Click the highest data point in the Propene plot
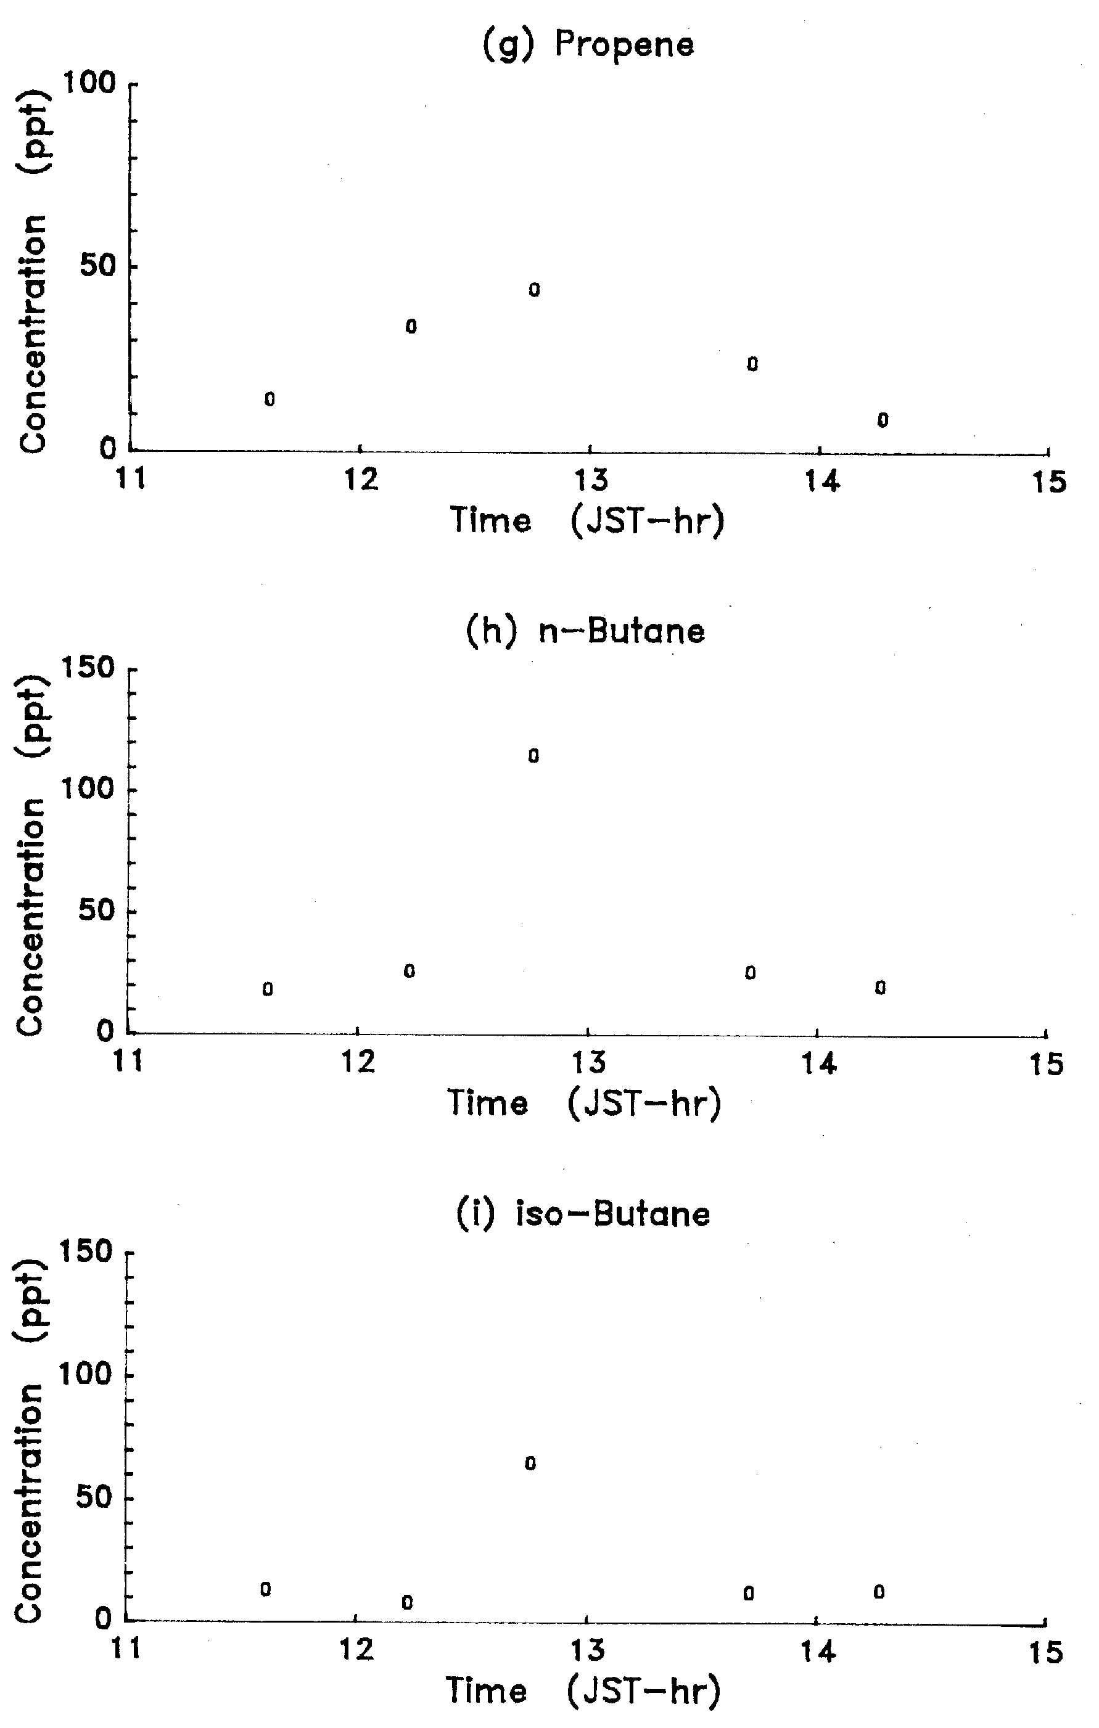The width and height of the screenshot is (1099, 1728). coord(534,290)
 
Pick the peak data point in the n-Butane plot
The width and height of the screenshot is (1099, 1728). coord(533,756)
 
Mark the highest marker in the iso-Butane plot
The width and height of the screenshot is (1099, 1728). coord(530,1463)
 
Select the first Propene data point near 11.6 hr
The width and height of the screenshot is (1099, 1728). coord(269,399)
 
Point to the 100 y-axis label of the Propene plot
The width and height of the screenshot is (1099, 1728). coord(89,84)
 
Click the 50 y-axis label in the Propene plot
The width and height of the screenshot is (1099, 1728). coord(97,266)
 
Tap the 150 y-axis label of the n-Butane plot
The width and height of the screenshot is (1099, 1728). coord(88,669)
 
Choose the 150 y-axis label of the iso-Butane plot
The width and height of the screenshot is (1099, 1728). coord(87,1252)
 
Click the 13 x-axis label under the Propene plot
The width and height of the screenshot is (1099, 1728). coord(590,480)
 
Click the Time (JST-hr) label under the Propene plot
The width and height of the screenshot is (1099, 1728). coord(587,520)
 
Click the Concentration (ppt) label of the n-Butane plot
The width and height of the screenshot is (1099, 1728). coord(30,854)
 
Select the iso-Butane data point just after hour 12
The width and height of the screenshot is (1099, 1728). coord(407,1602)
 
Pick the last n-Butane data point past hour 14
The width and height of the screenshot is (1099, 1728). coord(881,988)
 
